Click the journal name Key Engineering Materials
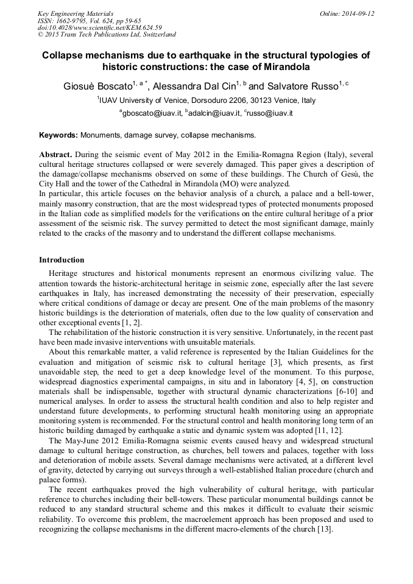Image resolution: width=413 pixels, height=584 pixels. click(76, 13)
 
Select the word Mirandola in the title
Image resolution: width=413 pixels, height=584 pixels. click(278, 66)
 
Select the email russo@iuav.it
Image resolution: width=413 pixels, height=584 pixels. click(270, 113)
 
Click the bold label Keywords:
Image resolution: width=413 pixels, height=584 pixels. click(58, 135)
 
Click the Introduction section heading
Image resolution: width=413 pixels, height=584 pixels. click(62, 260)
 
